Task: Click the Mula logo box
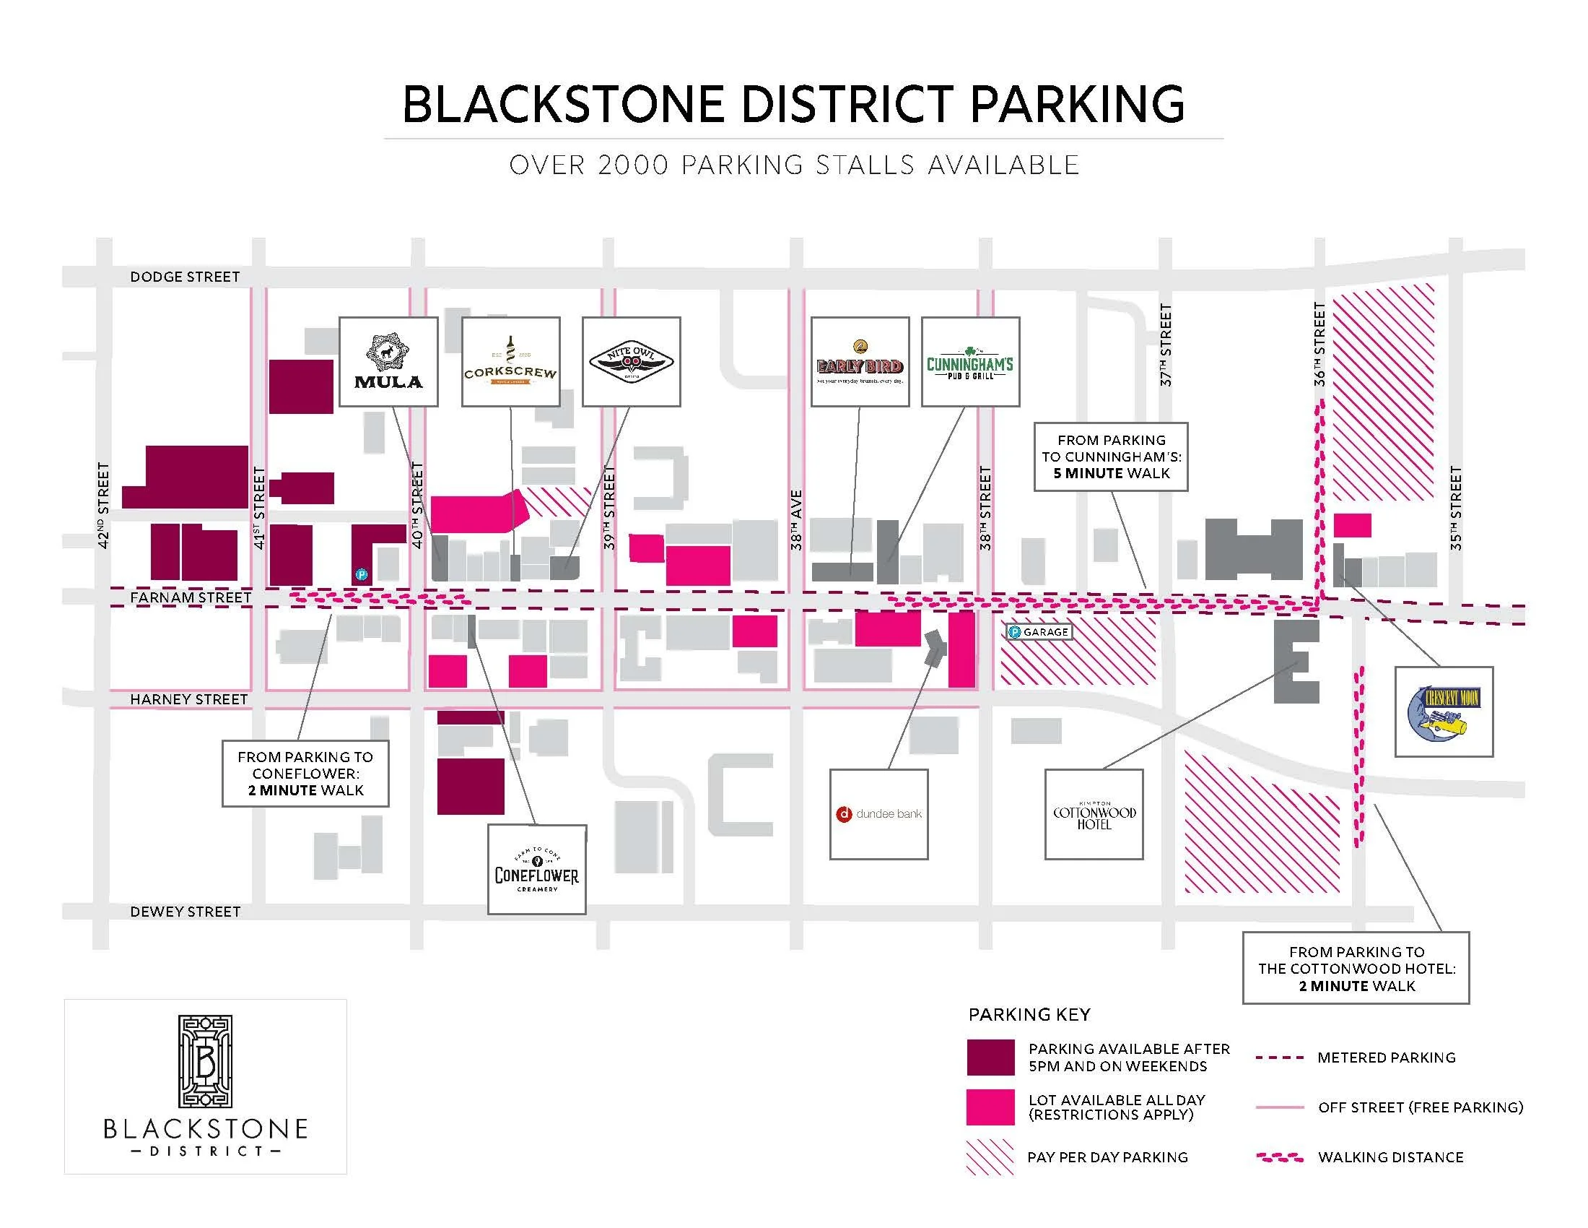388,362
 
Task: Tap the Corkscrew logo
510,362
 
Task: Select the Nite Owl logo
631,362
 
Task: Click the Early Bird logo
860,362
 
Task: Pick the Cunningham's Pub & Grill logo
970,362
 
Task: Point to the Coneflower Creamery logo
536,869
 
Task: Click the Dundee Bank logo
879,814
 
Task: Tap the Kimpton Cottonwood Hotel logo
1094,814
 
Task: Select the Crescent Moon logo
1444,712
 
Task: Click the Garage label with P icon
1039,632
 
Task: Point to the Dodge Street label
185,277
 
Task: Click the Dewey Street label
185,912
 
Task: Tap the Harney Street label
188,699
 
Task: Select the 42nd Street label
103,505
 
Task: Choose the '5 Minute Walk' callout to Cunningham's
1111,457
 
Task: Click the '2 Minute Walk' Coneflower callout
305,774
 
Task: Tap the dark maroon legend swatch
990,1057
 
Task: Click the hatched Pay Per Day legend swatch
990,1156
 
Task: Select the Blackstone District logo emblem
205,1061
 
